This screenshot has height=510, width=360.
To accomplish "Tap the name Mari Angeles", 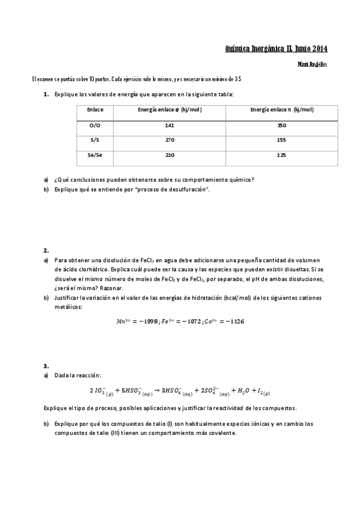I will [313, 64].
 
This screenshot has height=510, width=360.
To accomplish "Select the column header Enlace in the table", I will [95, 109].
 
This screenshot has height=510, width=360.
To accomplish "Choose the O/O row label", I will [95, 125].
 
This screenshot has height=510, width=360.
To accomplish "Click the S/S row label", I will [94, 140].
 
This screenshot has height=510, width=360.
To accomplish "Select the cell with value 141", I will [169, 125].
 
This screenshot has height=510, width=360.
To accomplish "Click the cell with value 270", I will [169, 140].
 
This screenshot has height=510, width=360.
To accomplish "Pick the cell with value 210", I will [169, 155].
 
